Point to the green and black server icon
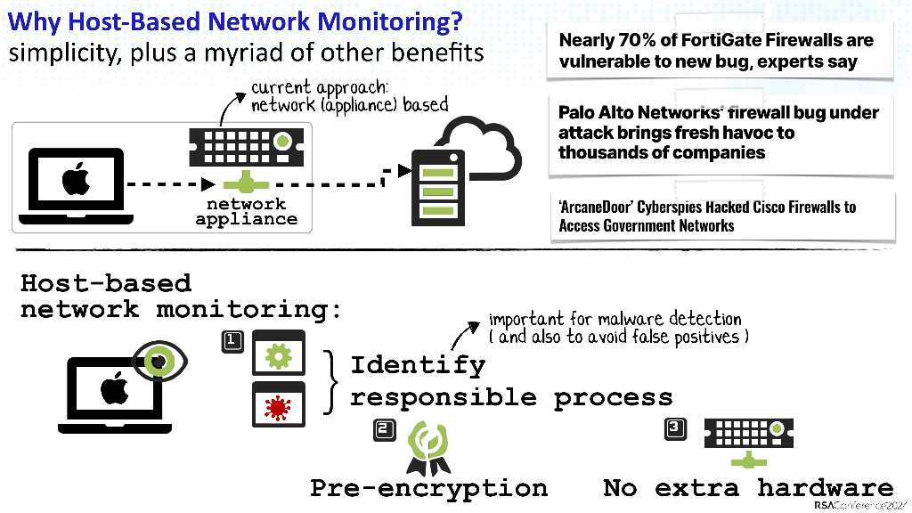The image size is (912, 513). point(436,188)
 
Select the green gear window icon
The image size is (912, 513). point(280,354)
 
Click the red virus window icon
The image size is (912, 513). point(280,405)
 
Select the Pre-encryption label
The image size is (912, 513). point(428,488)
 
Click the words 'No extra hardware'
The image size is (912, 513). point(747,488)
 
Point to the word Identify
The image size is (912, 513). point(418,365)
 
